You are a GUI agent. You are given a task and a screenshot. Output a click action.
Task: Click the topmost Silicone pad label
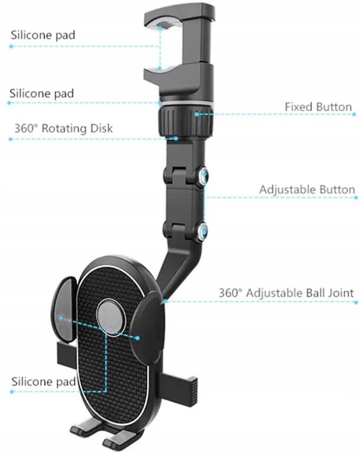(x=43, y=35)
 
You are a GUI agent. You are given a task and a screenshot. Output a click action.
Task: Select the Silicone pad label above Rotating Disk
(x=41, y=93)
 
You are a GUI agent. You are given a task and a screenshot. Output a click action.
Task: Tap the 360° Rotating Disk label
(x=63, y=128)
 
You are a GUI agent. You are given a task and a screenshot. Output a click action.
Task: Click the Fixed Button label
(x=318, y=107)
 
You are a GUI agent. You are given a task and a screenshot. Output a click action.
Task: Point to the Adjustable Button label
(x=307, y=190)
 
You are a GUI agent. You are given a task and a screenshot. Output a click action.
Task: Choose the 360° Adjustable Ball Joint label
(x=286, y=293)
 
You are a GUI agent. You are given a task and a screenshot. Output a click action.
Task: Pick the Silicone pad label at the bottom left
(x=43, y=381)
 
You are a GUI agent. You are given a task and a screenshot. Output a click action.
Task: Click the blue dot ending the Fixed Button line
(x=197, y=113)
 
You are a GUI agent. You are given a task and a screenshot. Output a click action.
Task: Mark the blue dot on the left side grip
(x=60, y=318)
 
